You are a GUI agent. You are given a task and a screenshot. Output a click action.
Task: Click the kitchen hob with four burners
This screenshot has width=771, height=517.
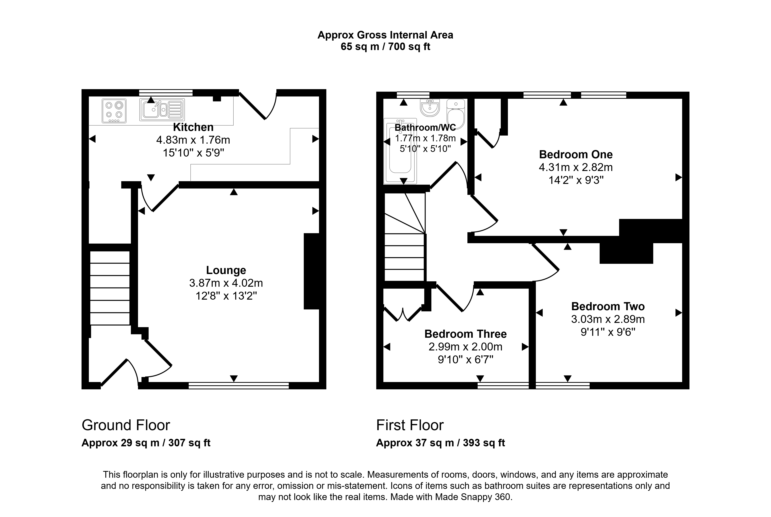tap(114, 111)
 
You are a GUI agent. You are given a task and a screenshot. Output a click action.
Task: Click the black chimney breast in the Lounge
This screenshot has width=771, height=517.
tap(311, 271)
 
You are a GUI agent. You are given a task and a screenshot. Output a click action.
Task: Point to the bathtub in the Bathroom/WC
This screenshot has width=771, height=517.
tap(400, 151)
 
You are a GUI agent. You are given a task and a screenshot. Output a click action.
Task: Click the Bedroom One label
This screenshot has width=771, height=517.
tap(576, 154)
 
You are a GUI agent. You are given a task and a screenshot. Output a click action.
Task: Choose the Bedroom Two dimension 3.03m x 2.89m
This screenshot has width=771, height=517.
tap(608, 319)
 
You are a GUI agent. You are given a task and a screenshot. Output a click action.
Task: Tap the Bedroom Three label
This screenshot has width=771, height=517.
tap(465, 334)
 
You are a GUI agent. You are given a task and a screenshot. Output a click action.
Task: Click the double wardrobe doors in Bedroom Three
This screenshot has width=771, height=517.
tap(403, 315)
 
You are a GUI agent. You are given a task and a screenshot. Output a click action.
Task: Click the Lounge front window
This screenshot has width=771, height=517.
tap(239, 385)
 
